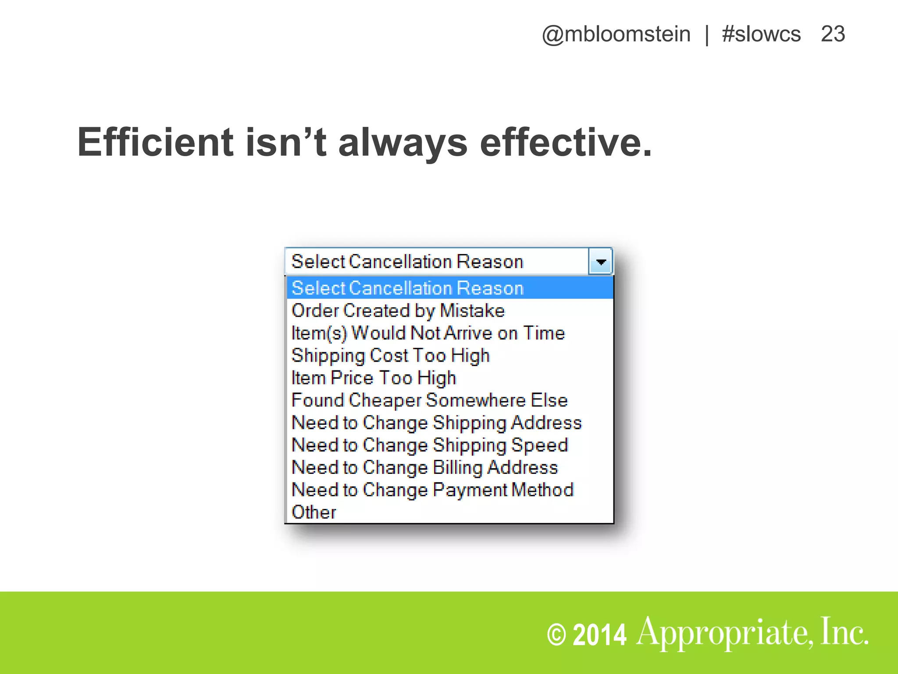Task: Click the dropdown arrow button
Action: [x=601, y=262]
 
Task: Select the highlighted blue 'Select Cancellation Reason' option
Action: [x=408, y=288]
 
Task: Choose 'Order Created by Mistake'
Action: [x=398, y=311]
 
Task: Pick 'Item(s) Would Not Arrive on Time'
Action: [x=428, y=333]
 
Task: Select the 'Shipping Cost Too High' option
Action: [x=390, y=355]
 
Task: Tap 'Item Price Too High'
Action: [x=374, y=378]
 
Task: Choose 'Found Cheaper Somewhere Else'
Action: [x=430, y=400]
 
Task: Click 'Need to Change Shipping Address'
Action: [x=437, y=423]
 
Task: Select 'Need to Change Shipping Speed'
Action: [x=430, y=445]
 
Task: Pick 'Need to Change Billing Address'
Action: [x=424, y=467]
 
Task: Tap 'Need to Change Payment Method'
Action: [x=432, y=490]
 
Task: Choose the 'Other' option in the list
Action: [x=314, y=512]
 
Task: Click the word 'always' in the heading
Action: [x=403, y=143]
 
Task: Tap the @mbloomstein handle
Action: [x=616, y=34]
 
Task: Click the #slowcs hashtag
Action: [x=761, y=34]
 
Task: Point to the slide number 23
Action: [x=833, y=34]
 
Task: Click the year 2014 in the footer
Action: [x=599, y=635]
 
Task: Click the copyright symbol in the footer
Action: [x=556, y=635]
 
